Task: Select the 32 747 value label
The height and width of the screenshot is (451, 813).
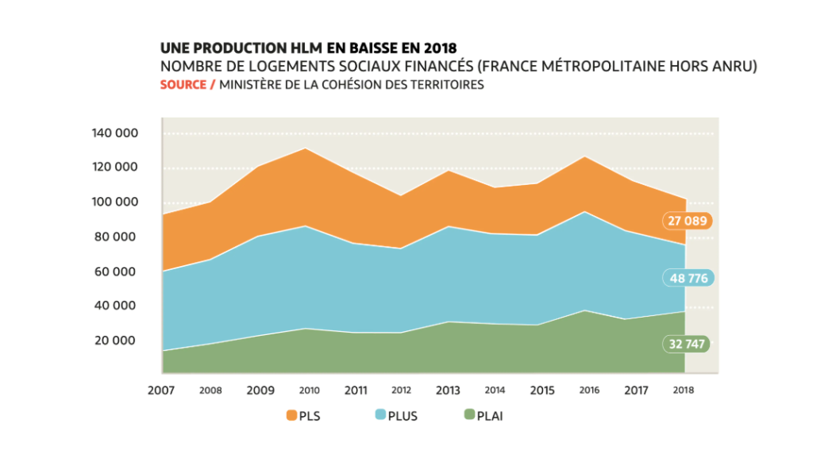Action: point(685,344)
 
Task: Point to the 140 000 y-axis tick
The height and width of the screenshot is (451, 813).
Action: point(114,133)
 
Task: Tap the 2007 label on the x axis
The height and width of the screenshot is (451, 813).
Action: point(163,391)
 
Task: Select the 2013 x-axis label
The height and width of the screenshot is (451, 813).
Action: point(449,391)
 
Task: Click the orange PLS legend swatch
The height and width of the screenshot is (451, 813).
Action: point(291,414)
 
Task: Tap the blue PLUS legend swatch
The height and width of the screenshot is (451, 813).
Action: point(380,414)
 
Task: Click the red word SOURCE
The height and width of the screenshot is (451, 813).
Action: point(183,84)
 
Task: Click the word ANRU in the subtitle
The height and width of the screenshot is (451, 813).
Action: point(736,67)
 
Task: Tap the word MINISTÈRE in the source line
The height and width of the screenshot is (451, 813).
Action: point(252,84)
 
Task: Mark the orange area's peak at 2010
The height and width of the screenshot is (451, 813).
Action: point(306,148)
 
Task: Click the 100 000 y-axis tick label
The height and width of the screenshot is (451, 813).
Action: point(114,202)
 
